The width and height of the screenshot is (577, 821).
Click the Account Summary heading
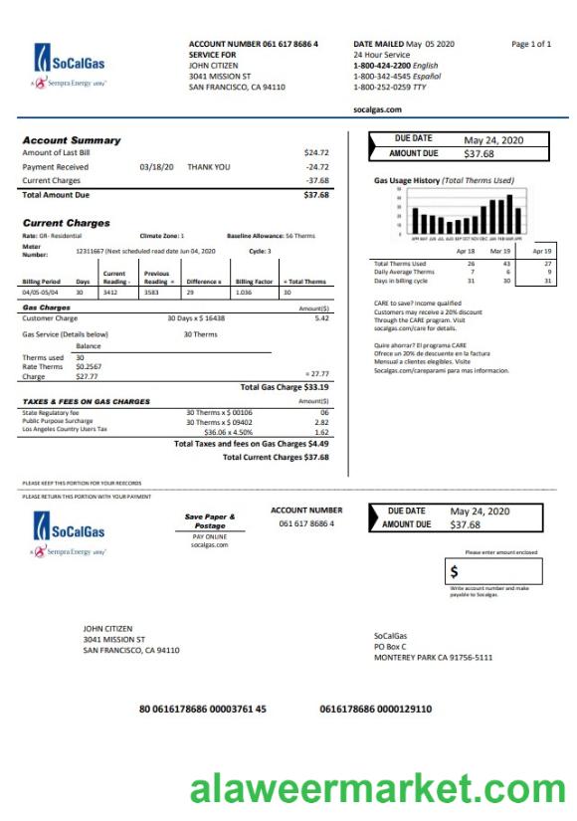point(72,140)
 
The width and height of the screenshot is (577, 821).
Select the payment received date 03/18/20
point(156,167)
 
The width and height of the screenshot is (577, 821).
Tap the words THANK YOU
point(208,167)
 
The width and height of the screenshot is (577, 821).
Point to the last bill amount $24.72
point(316,153)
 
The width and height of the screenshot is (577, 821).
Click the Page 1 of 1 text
point(530,44)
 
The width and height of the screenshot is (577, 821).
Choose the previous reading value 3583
point(151,293)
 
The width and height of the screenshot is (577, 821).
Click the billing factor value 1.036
point(243,293)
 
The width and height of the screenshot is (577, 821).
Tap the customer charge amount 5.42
point(321,318)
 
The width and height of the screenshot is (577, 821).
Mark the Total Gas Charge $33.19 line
point(285,387)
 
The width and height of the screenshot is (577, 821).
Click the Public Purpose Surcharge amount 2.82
point(321,422)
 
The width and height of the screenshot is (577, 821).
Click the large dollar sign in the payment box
point(455,571)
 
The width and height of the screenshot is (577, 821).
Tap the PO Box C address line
point(390,646)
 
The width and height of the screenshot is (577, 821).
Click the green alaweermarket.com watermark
point(377,790)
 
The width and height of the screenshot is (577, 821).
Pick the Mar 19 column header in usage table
point(500,252)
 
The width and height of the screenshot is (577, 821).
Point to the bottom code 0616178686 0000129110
point(375,709)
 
